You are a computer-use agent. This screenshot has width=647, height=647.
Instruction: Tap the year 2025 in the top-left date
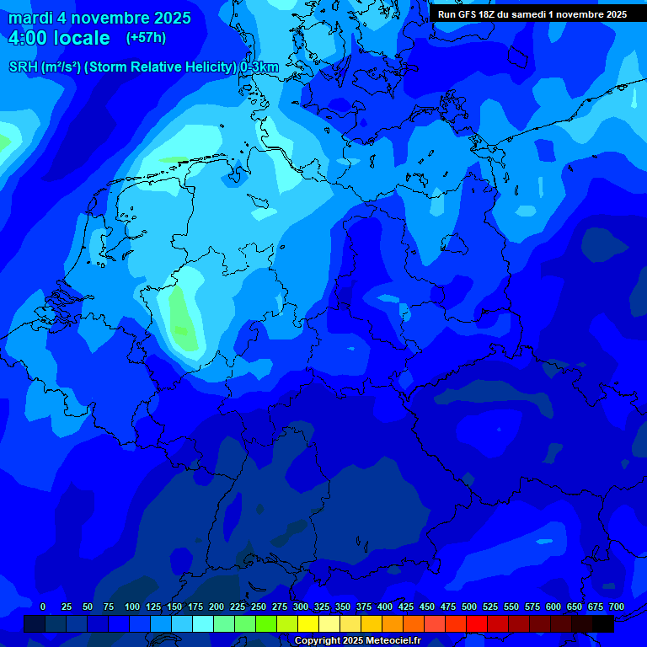click(172, 18)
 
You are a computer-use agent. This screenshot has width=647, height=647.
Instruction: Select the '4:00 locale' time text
click(59, 38)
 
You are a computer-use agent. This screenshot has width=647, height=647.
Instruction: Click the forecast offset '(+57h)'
click(146, 38)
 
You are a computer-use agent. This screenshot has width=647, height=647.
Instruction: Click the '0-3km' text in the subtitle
click(259, 67)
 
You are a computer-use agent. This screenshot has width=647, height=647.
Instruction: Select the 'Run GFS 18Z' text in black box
click(468, 14)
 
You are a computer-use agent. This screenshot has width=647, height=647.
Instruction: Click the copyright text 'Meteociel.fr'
click(392, 641)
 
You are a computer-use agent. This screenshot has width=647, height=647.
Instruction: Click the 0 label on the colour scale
click(43, 607)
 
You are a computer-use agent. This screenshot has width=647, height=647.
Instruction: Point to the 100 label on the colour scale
click(132, 607)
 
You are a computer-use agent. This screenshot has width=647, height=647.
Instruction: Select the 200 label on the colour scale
click(217, 607)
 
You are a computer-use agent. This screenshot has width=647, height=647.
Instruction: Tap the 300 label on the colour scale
click(301, 607)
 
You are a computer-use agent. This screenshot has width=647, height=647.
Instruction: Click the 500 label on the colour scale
click(469, 607)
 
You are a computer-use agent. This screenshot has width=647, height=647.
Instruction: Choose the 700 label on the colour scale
click(617, 607)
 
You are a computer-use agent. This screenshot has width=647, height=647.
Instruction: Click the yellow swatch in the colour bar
click(308, 623)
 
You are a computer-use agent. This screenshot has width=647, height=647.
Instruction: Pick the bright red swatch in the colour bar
click(477, 623)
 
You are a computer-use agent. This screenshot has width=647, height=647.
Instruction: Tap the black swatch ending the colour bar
click(603, 623)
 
